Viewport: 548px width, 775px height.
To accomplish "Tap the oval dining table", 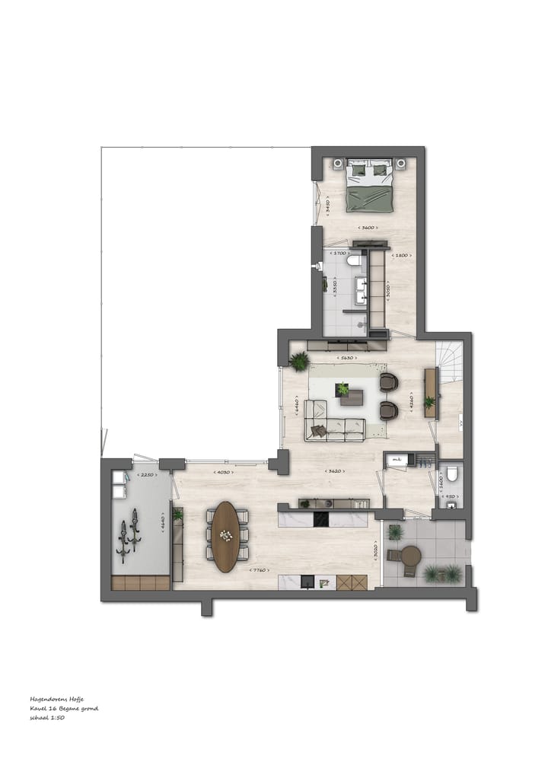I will click(226, 536).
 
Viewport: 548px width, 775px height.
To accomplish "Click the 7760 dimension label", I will click(260, 569).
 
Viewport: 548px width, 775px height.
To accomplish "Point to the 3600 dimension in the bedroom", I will click(368, 228).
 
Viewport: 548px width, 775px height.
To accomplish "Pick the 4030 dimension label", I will click(223, 473).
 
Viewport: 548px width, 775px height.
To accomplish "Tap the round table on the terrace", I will click(411, 556).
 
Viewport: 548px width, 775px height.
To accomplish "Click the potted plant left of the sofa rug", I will click(299, 361).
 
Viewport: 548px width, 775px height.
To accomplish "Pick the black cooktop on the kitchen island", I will click(320, 519).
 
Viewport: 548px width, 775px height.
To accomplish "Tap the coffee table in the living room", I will click(352, 397).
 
